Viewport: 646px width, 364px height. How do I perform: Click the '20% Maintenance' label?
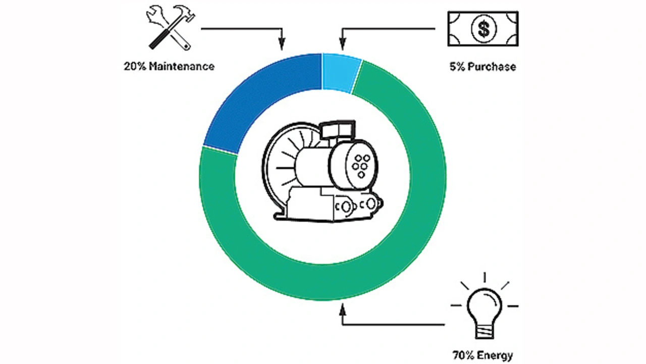(169, 66)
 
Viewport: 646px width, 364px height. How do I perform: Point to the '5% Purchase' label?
(483, 66)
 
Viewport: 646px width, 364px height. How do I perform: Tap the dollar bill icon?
(483, 29)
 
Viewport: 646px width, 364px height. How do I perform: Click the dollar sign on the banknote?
(483, 29)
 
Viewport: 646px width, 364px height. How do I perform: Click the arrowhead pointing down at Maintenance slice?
(282, 45)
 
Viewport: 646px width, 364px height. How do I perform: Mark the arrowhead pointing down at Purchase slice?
(342, 45)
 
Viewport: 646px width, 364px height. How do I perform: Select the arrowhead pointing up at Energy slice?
(343, 308)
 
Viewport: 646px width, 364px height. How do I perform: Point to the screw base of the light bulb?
(484, 330)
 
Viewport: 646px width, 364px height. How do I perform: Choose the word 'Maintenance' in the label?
(182, 66)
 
